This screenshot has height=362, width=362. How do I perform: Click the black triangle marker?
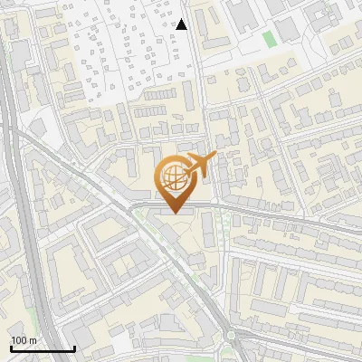click(x=182, y=24)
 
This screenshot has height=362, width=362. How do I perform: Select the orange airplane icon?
click(x=200, y=166)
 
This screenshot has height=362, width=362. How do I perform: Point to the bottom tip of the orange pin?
click(x=173, y=213)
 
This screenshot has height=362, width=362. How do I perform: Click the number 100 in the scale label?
click(x=19, y=340)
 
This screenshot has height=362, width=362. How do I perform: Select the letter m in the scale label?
click(x=33, y=340)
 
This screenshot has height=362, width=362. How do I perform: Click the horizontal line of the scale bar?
click(x=42, y=348)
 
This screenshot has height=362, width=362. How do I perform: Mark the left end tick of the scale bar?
click(x=10, y=347)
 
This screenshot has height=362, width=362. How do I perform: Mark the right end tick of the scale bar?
click(x=74, y=347)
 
